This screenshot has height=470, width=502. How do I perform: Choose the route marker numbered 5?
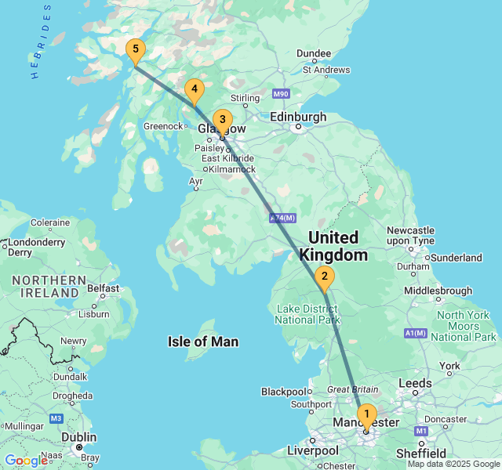click(135, 51)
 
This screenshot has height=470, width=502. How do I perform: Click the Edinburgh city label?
click(298, 117)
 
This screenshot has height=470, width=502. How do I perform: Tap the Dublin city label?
click(79, 437)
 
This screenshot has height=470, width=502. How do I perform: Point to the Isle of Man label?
click(203, 342)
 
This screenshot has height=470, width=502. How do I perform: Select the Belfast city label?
click(103, 288)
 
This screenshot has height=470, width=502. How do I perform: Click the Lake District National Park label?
click(307, 314)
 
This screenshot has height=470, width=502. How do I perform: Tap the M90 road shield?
click(282, 94)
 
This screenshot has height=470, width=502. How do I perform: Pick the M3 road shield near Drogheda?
click(56, 418)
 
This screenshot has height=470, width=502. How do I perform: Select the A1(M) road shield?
click(416, 333)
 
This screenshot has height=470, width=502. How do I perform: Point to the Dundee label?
click(313, 53)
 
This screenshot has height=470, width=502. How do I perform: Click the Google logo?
click(26, 460)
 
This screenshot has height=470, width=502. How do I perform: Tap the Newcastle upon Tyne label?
click(410, 235)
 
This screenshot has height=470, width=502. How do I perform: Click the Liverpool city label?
click(312, 451)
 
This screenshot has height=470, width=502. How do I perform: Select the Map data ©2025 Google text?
click(453, 464)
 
